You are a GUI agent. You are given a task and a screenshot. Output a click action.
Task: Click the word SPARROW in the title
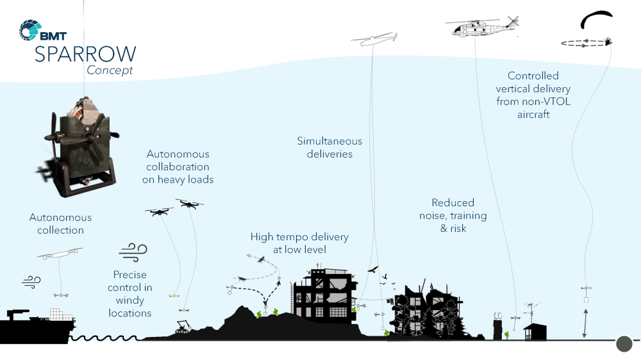[x=85, y=54]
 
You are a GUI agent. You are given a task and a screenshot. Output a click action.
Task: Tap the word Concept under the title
[x=110, y=70]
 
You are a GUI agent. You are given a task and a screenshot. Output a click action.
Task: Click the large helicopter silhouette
[x=481, y=28]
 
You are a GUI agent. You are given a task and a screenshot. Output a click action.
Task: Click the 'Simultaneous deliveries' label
[x=329, y=147]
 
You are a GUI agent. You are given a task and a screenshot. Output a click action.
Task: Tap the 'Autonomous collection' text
[x=60, y=224]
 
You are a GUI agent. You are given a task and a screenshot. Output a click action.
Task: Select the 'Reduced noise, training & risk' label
[x=453, y=215]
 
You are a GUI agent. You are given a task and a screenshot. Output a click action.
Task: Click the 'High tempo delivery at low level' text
[x=299, y=243]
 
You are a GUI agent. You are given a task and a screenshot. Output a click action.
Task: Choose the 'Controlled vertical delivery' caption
[x=533, y=95]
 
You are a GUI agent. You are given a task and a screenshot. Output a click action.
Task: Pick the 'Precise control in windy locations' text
[x=130, y=293]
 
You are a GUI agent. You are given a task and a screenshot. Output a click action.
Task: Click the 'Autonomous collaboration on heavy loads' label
[x=178, y=167]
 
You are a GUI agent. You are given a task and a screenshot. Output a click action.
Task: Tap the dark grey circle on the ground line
[x=624, y=344]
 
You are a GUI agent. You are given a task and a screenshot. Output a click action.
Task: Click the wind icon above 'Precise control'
[x=133, y=250]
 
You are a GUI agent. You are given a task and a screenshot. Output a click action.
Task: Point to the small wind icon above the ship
[x=31, y=281]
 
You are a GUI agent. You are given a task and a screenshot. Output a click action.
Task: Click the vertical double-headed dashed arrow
[x=585, y=322]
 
